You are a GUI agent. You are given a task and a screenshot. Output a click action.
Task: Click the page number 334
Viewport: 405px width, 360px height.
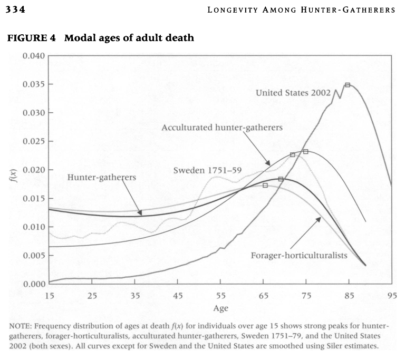pos(15,10)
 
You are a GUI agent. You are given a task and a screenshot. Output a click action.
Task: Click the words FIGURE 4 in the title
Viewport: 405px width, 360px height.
pos(26,38)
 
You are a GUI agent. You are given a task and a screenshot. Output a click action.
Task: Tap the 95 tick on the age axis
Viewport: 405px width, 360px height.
pos(391,295)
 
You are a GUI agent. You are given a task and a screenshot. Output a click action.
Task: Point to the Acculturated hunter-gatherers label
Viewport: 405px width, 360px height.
pos(222,128)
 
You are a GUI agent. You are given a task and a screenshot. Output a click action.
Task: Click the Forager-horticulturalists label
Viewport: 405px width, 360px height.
pos(299,256)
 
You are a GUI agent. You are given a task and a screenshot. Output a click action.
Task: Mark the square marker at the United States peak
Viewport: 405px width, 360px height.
pos(348,85)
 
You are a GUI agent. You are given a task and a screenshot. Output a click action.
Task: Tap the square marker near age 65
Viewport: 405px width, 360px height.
pos(265,186)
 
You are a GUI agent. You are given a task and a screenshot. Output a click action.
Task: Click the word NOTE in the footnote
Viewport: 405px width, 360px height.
pos(20,327)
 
